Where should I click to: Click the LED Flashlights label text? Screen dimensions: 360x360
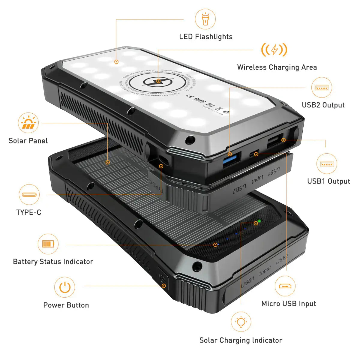pos(206,37)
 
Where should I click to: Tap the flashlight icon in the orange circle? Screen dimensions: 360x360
pos(205,19)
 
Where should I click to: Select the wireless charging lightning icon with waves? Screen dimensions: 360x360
pos(274,50)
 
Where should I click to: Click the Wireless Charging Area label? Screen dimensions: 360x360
pos(277,67)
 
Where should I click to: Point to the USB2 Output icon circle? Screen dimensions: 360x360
pos(322,88)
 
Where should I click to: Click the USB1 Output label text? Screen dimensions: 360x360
pos(328,181)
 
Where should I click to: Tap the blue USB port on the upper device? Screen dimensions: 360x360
pos(232,158)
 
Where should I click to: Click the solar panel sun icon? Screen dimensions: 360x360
pos(28,123)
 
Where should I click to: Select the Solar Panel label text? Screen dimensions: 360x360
pos(28,141)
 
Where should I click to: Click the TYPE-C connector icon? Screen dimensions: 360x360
pos(29,194)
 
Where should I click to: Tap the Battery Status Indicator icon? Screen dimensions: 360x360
pos(48,244)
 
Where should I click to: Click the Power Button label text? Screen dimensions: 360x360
pos(66,305)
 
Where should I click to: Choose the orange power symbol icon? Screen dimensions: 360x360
pos(64,287)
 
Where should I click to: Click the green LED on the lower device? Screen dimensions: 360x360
pos(259,221)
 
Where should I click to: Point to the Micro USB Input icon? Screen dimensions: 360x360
pos(285,286)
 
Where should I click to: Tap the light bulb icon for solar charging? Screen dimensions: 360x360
pos(241,322)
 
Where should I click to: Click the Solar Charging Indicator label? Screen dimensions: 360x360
pos(241,340)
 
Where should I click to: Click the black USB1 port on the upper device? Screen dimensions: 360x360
pos(274,142)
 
